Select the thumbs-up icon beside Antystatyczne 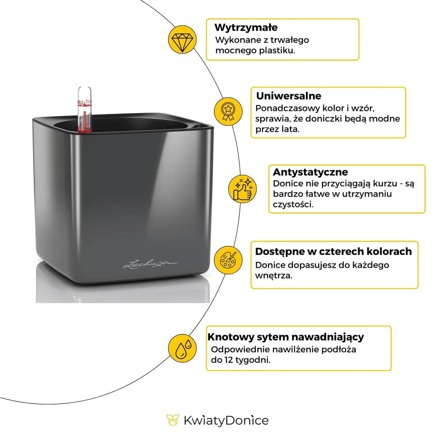click(x=242, y=188)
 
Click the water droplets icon click(x=182, y=348)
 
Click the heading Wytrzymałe click(x=246, y=28)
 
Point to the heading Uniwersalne click(x=288, y=96)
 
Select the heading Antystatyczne click(x=310, y=172)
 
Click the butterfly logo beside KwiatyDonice click(x=173, y=420)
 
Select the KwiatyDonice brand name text click(x=226, y=420)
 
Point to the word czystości click(x=293, y=204)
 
